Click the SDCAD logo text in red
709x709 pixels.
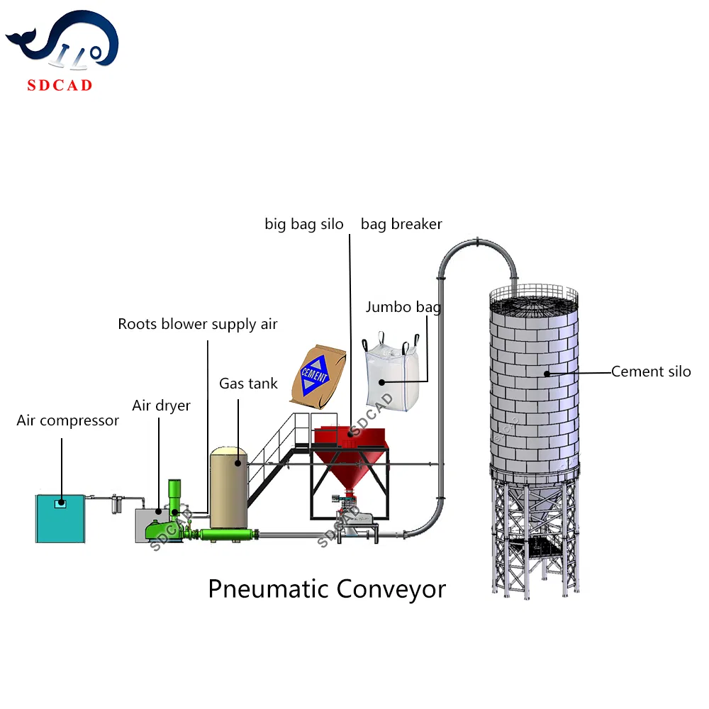tap(60, 86)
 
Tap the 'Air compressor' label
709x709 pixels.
tap(67, 420)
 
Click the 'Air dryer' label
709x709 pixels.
tap(161, 406)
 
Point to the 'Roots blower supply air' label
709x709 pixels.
tap(198, 324)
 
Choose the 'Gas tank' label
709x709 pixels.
tap(248, 384)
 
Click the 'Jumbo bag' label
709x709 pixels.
tap(403, 307)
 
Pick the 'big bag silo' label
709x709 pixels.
tap(304, 224)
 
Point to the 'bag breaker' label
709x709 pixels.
tap(401, 224)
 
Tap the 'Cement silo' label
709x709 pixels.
tap(651, 371)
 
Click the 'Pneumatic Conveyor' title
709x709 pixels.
tap(327, 588)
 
